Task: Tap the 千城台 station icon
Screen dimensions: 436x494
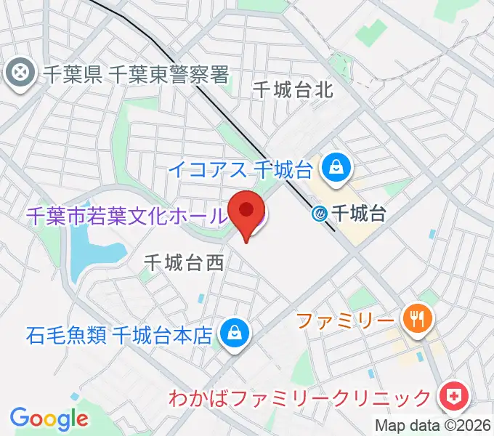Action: [x=320, y=213]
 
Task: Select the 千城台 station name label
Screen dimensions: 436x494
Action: [x=357, y=213]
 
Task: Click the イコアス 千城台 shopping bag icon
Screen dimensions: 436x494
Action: [x=338, y=169]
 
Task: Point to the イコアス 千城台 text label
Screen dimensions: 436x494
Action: [x=240, y=169]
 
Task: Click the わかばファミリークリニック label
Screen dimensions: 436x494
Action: [x=299, y=399]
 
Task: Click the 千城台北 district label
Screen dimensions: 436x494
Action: [x=293, y=90]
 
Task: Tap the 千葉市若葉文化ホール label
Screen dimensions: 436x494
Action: [x=125, y=216]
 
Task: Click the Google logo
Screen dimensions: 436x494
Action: [x=49, y=418]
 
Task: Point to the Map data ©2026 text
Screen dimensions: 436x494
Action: [x=433, y=426]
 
